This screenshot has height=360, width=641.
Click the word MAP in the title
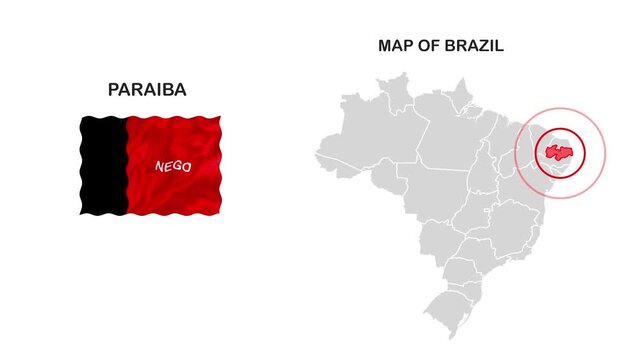(393, 46)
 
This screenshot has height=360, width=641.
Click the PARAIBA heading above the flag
(147, 90)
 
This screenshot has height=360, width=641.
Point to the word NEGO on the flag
(173, 167)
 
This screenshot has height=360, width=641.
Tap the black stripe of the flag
(103, 165)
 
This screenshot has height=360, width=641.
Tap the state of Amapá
(460, 96)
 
